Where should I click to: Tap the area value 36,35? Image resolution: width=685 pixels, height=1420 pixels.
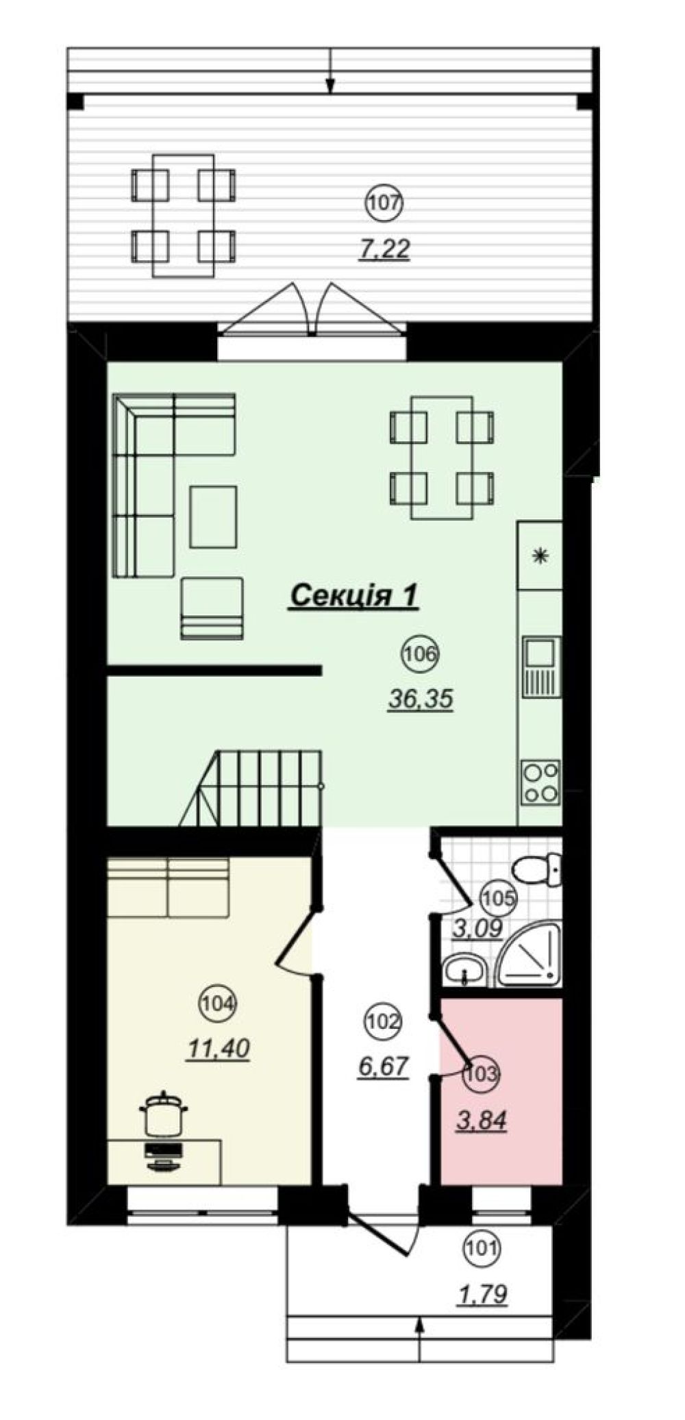point(421,699)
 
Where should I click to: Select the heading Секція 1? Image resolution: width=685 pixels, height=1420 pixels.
point(353,595)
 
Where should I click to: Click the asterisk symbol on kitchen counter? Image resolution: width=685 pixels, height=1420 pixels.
point(540,556)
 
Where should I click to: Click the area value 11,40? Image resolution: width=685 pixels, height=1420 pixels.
point(218,1049)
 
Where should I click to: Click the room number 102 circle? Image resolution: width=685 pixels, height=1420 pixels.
point(383,1021)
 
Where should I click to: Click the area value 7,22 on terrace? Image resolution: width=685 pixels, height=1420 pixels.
point(385,249)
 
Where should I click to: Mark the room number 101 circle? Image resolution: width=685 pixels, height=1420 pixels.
point(482,1248)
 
